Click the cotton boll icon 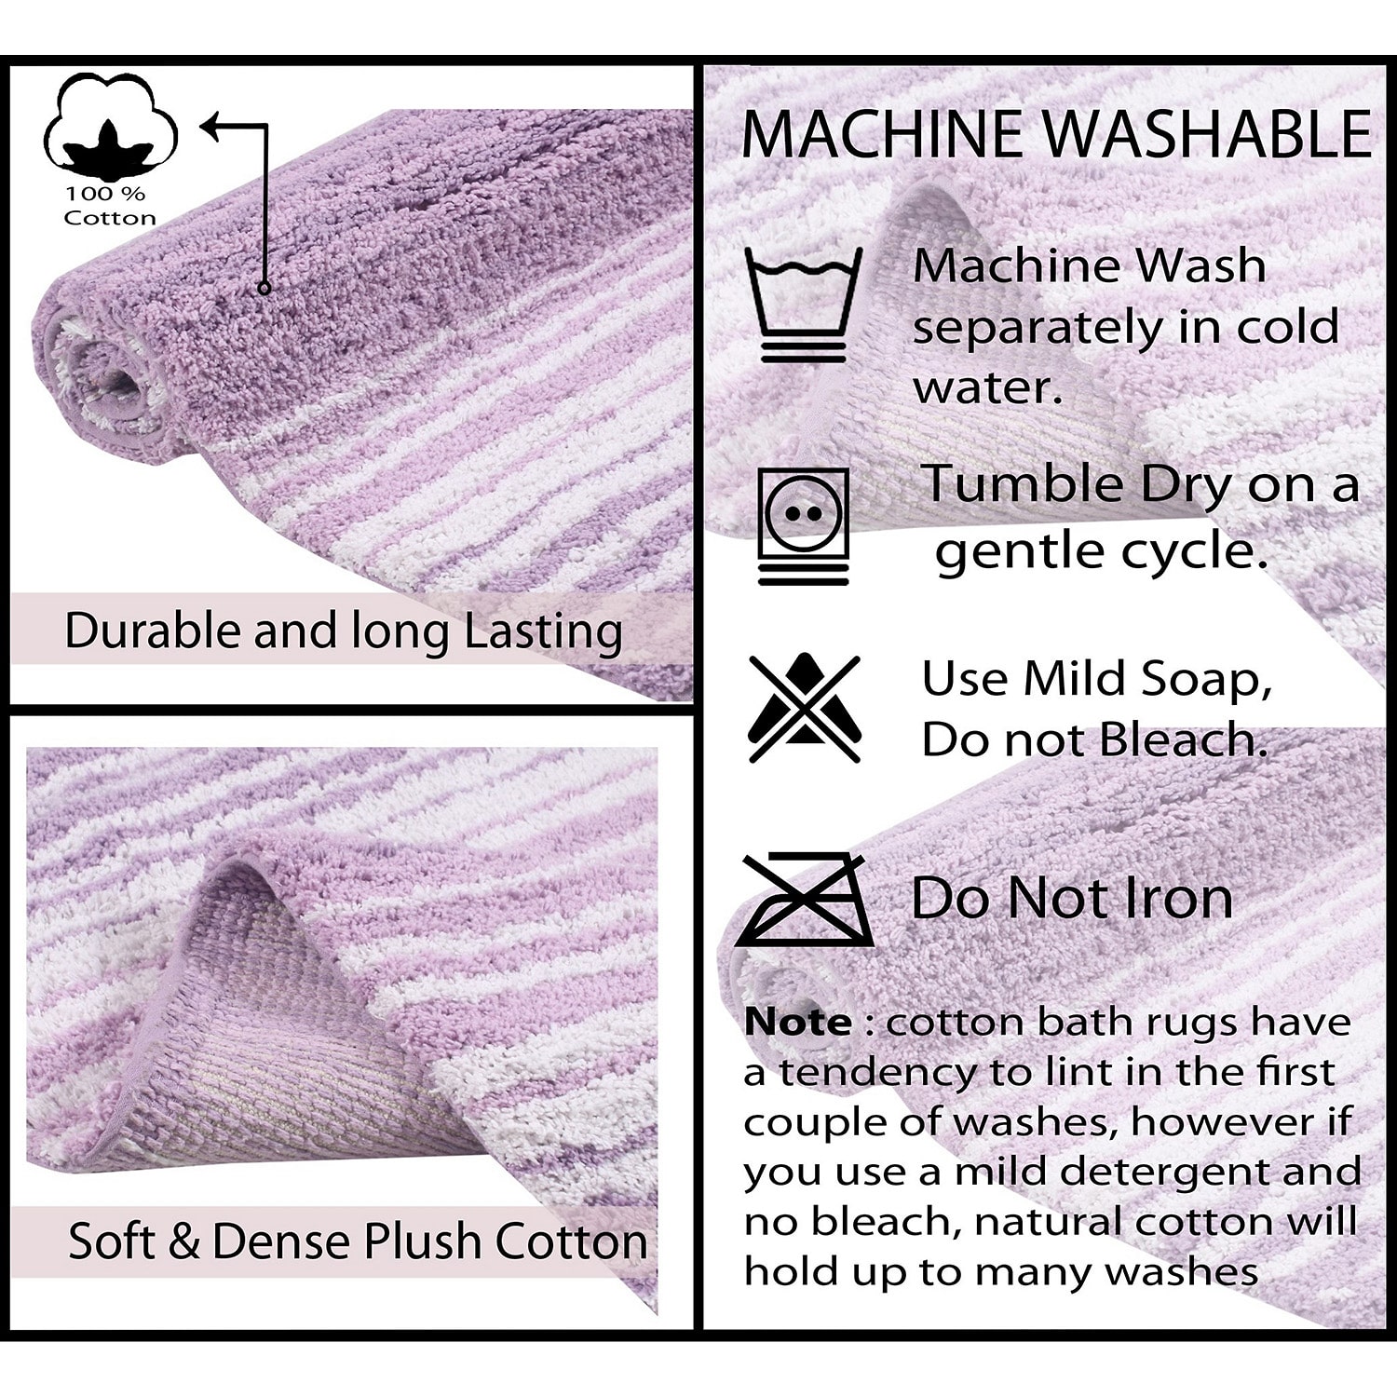pos(110,126)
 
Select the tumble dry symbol pos(804,526)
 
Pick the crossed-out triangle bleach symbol pos(804,709)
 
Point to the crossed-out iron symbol pos(805,900)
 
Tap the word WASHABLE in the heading pos(1207,133)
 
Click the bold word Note pos(797,1022)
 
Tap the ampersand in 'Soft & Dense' pos(184,1241)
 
